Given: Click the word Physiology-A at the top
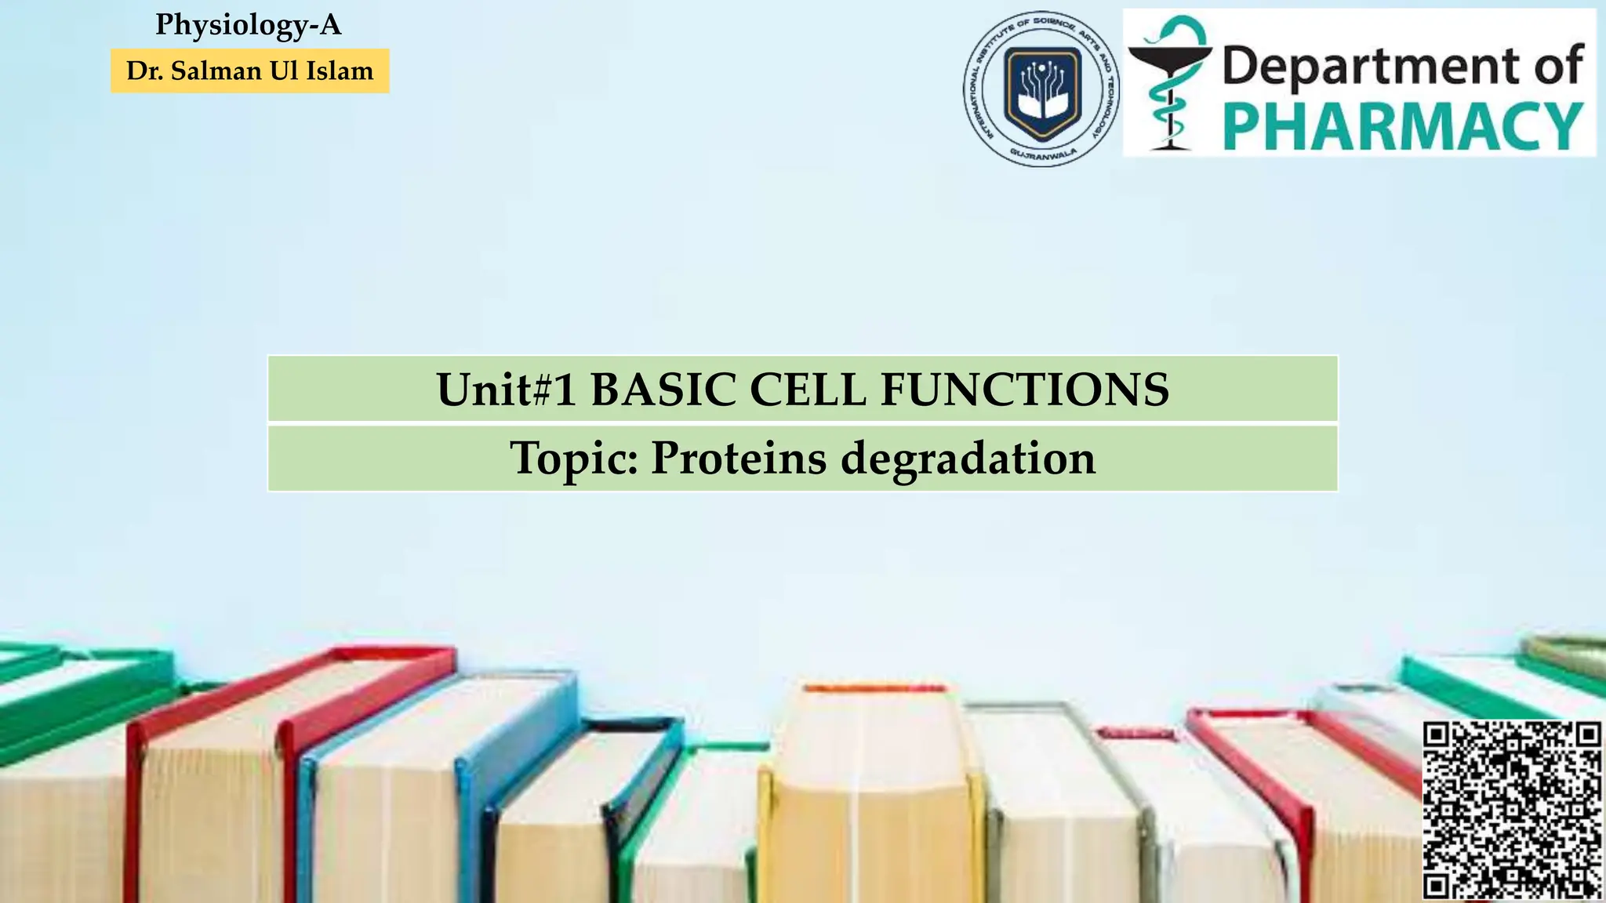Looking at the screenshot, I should coord(248,25).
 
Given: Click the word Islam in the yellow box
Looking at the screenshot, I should coord(340,71).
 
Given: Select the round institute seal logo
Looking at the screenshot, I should coord(1041,89).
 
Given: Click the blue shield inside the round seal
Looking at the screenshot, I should coord(1042,89).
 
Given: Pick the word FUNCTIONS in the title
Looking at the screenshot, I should coord(1024,390).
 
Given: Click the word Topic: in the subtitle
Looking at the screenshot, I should coord(574,459).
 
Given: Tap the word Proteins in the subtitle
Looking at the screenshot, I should coord(738,459).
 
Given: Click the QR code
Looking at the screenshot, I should coord(1512,811).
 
